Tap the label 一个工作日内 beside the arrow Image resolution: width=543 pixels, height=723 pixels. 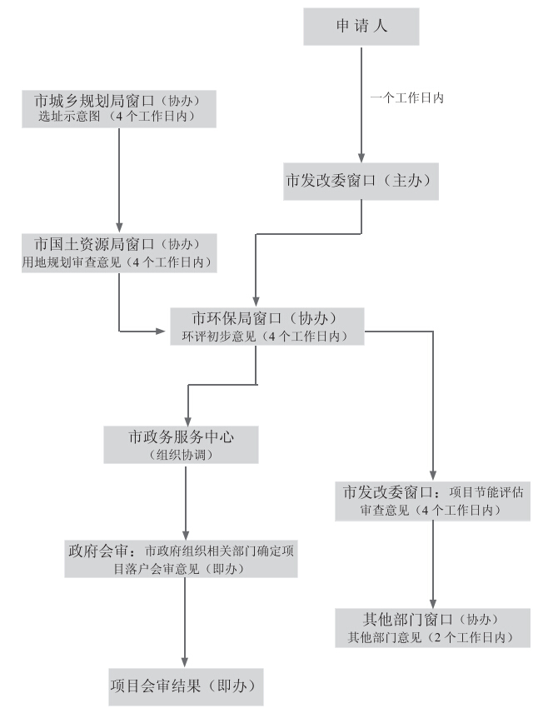pyautogui.click(x=406, y=97)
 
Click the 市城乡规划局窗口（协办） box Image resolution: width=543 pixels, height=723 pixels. pyautogui.click(x=120, y=108)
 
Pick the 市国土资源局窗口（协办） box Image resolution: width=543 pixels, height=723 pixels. pyautogui.click(x=118, y=252)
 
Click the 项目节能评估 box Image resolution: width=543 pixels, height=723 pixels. pyautogui.click(x=433, y=499)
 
